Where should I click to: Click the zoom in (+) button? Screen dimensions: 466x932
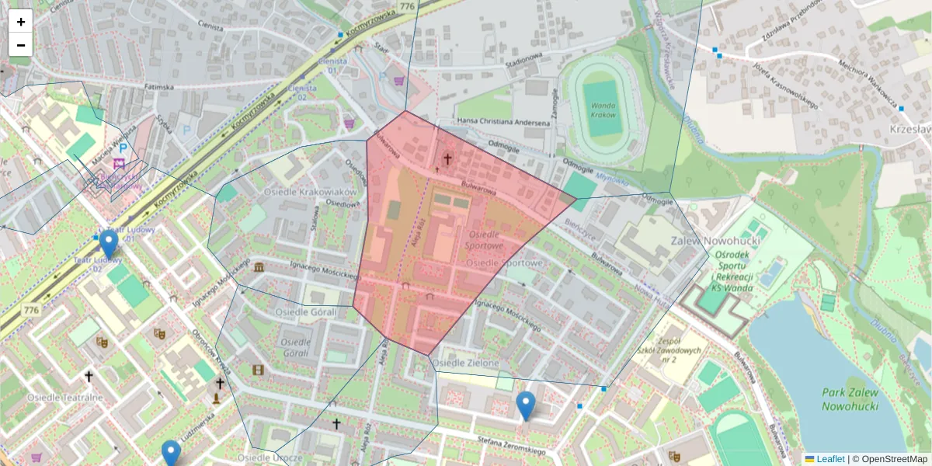[21, 22]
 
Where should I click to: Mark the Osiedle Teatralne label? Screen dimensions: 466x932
[65, 398]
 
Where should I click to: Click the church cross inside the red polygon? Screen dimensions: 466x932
[447, 159]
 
